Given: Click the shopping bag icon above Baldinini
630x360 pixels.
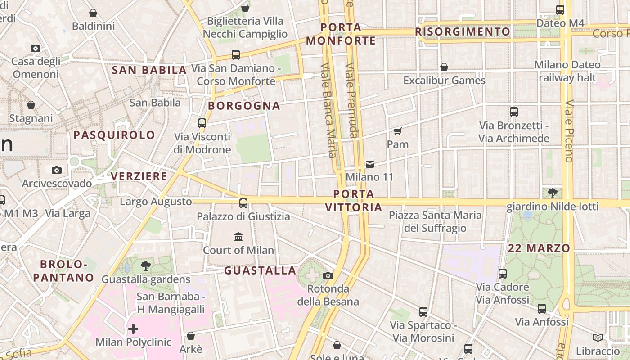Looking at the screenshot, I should click(93, 13).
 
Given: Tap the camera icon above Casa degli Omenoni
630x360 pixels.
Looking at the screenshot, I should click(35, 48).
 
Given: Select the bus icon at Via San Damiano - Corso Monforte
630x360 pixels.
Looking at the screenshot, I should click(235, 55).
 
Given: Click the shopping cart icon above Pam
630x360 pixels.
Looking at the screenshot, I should click(397, 131).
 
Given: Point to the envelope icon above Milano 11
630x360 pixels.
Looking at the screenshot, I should click(369, 164).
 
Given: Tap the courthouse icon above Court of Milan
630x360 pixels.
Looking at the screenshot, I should click(238, 237).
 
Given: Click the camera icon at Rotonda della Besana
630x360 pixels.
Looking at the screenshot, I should click(328, 275).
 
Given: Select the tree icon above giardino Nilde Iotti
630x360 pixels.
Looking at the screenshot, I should click(552, 193).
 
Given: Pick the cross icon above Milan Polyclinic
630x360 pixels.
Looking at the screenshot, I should click(133, 329).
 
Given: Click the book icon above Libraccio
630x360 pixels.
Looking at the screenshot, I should click(598, 337).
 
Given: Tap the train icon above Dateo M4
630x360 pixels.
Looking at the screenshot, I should click(560, 9).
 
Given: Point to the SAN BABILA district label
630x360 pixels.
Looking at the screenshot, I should click(149, 70).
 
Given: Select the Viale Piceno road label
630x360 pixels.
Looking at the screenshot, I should click(569, 130).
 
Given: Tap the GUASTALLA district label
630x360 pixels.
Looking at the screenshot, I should click(260, 270).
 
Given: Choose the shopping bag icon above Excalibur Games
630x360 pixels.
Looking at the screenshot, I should click(444, 67).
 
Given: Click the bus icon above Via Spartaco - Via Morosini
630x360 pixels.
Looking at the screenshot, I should click(423, 311).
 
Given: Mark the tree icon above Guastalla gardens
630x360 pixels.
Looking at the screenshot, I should click(145, 265).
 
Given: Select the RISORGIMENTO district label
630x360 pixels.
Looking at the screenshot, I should click(463, 32).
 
